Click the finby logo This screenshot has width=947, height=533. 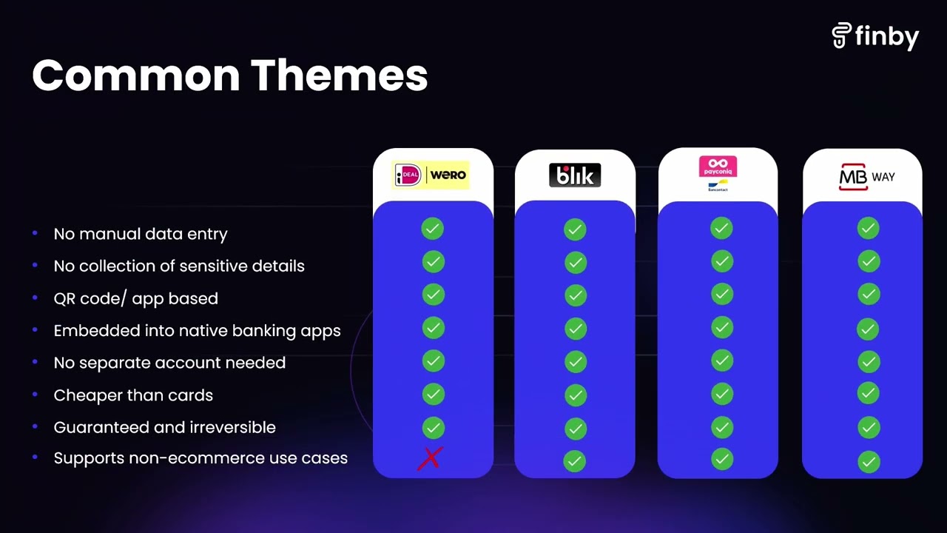[x=875, y=36]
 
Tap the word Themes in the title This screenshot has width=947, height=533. [x=339, y=76]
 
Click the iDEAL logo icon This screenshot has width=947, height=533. [x=408, y=175]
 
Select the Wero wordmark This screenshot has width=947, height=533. [x=448, y=174]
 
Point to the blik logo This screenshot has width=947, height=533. [x=575, y=175]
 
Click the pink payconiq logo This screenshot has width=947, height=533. [x=718, y=167]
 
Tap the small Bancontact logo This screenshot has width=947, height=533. [x=718, y=186]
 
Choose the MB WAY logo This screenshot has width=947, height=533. [x=866, y=176]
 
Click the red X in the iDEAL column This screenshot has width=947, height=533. [x=431, y=458]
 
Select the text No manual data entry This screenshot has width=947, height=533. [x=141, y=234]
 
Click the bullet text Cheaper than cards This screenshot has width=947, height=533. [x=133, y=395]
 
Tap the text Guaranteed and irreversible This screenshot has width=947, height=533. [x=164, y=427]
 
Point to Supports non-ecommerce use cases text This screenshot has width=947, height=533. [x=200, y=458]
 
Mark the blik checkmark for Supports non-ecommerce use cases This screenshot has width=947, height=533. [x=575, y=461]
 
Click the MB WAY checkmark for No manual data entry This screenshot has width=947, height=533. [x=869, y=229]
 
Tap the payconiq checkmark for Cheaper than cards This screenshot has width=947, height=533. [x=722, y=395]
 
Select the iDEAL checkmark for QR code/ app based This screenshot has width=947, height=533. [x=434, y=295]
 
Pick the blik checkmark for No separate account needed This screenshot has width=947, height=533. [x=576, y=362]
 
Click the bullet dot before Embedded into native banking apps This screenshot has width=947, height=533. [x=35, y=329]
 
